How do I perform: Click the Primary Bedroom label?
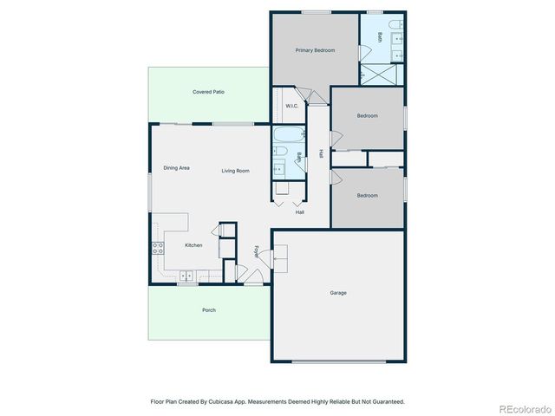click(x=315, y=50)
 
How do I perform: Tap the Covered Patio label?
click(x=208, y=92)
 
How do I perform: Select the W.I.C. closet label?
click(x=291, y=106)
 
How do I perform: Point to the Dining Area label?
click(x=176, y=168)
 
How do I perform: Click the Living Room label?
click(x=235, y=171)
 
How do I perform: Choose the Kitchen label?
click(x=193, y=245)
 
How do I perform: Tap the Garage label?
click(x=338, y=293)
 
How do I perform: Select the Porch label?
click(x=209, y=310)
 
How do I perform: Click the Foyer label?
click(x=257, y=251)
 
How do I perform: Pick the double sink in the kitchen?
click(x=186, y=276)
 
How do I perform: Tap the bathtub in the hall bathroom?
click(x=287, y=135)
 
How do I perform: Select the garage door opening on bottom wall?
click(x=338, y=361)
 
